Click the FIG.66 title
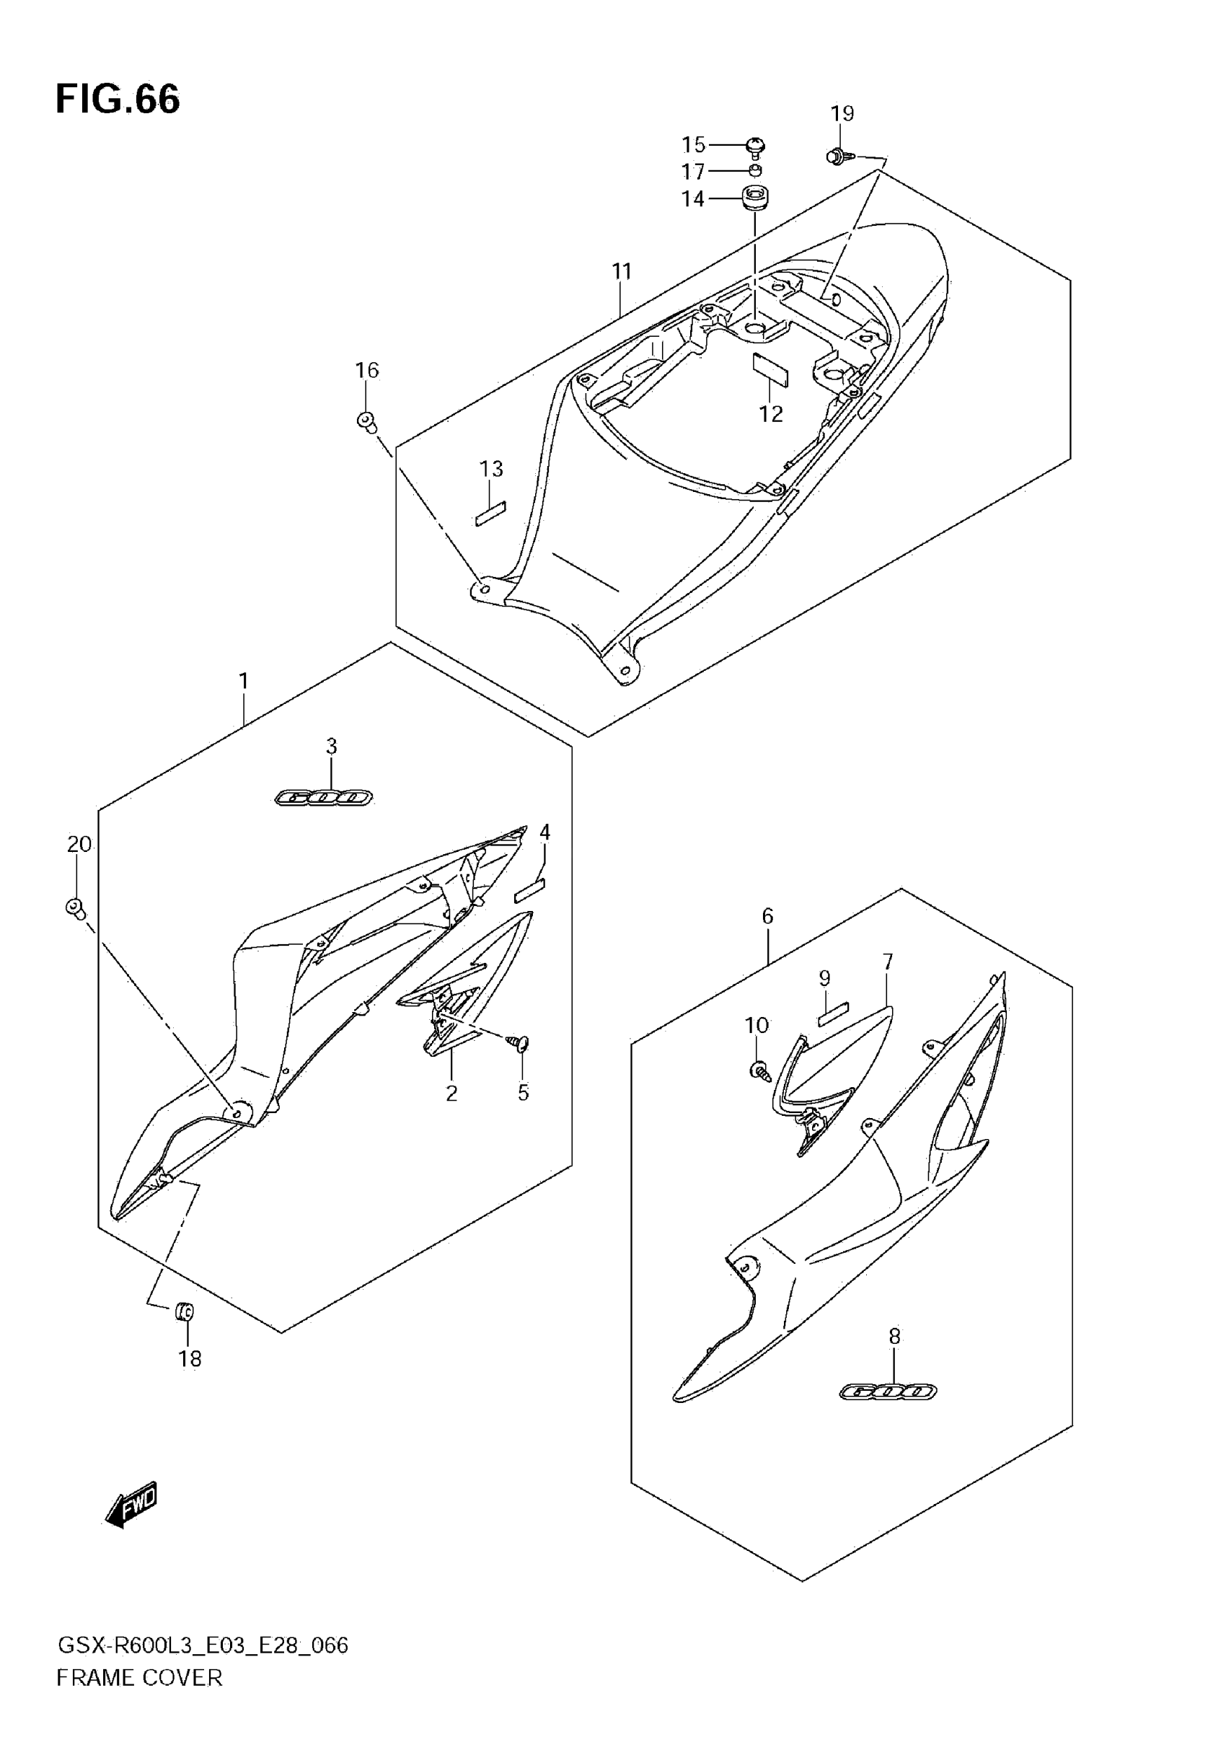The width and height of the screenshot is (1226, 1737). (x=118, y=99)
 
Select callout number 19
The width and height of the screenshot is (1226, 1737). (x=842, y=113)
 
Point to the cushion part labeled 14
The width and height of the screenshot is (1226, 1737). (x=754, y=198)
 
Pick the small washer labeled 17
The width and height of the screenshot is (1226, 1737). (x=755, y=170)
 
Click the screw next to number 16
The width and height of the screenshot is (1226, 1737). (x=367, y=421)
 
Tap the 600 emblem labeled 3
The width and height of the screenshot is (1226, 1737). (x=323, y=797)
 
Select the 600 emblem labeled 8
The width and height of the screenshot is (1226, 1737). (x=888, y=1391)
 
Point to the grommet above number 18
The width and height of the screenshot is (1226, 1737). (x=185, y=1311)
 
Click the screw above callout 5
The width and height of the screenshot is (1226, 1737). (x=521, y=1043)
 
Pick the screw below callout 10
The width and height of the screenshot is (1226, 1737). (x=758, y=1070)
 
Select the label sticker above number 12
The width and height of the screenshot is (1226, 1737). (x=770, y=369)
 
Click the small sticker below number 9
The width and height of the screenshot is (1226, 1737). (x=834, y=1013)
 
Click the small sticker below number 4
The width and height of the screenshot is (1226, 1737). (x=529, y=889)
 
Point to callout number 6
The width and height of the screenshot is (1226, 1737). (x=767, y=916)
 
